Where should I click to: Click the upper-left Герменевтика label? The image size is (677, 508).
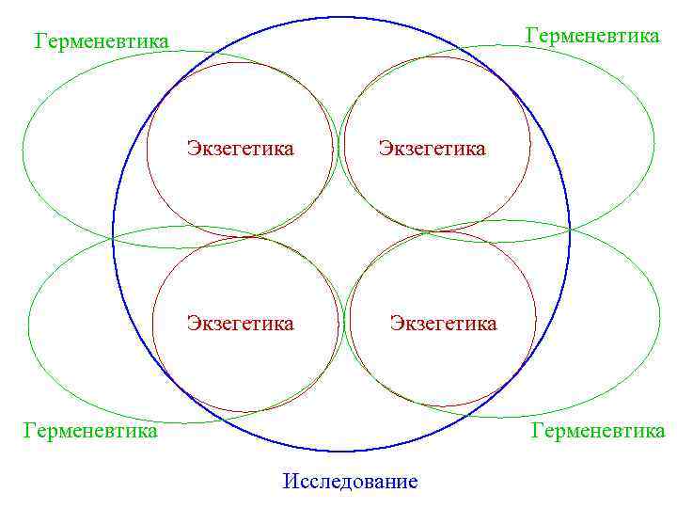pyautogui.click(x=102, y=41)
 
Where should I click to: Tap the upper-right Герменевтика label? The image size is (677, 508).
pyautogui.click(x=592, y=36)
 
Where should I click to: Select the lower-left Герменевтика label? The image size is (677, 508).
pyautogui.click(x=90, y=431)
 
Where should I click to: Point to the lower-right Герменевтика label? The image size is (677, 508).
pyautogui.click(x=598, y=431)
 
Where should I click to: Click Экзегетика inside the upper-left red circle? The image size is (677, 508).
pyautogui.click(x=240, y=149)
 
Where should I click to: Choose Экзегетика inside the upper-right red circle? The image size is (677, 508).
pyautogui.click(x=432, y=149)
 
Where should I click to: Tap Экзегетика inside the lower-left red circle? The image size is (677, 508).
pyautogui.click(x=240, y=324)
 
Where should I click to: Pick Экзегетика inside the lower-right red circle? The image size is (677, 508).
pyautogui.click(x=443, y=324)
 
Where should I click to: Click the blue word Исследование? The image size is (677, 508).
pyautogui.click(x=350, y=482)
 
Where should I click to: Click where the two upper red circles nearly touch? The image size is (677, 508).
pyautogui.click(x=338, y=149)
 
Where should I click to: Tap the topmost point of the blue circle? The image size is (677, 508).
pyautogui.click(x=341, y=17)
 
